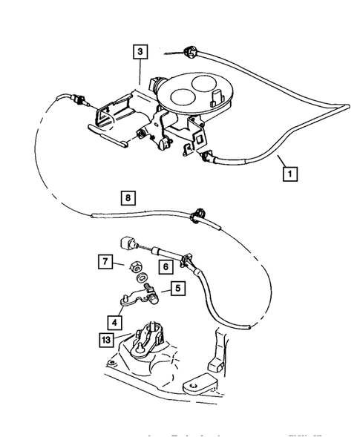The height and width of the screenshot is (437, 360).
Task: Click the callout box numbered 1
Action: [x=290, y=174]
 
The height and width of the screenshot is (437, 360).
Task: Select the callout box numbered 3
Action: [x=140, y=52]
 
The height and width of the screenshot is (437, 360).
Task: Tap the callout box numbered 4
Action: [x=115, y=323]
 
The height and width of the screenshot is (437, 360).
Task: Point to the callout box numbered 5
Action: [x=178, y=289]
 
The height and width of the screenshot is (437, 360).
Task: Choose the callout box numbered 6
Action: [x=167, y=265]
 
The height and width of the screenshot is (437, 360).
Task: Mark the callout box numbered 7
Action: [x=106, y=261]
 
